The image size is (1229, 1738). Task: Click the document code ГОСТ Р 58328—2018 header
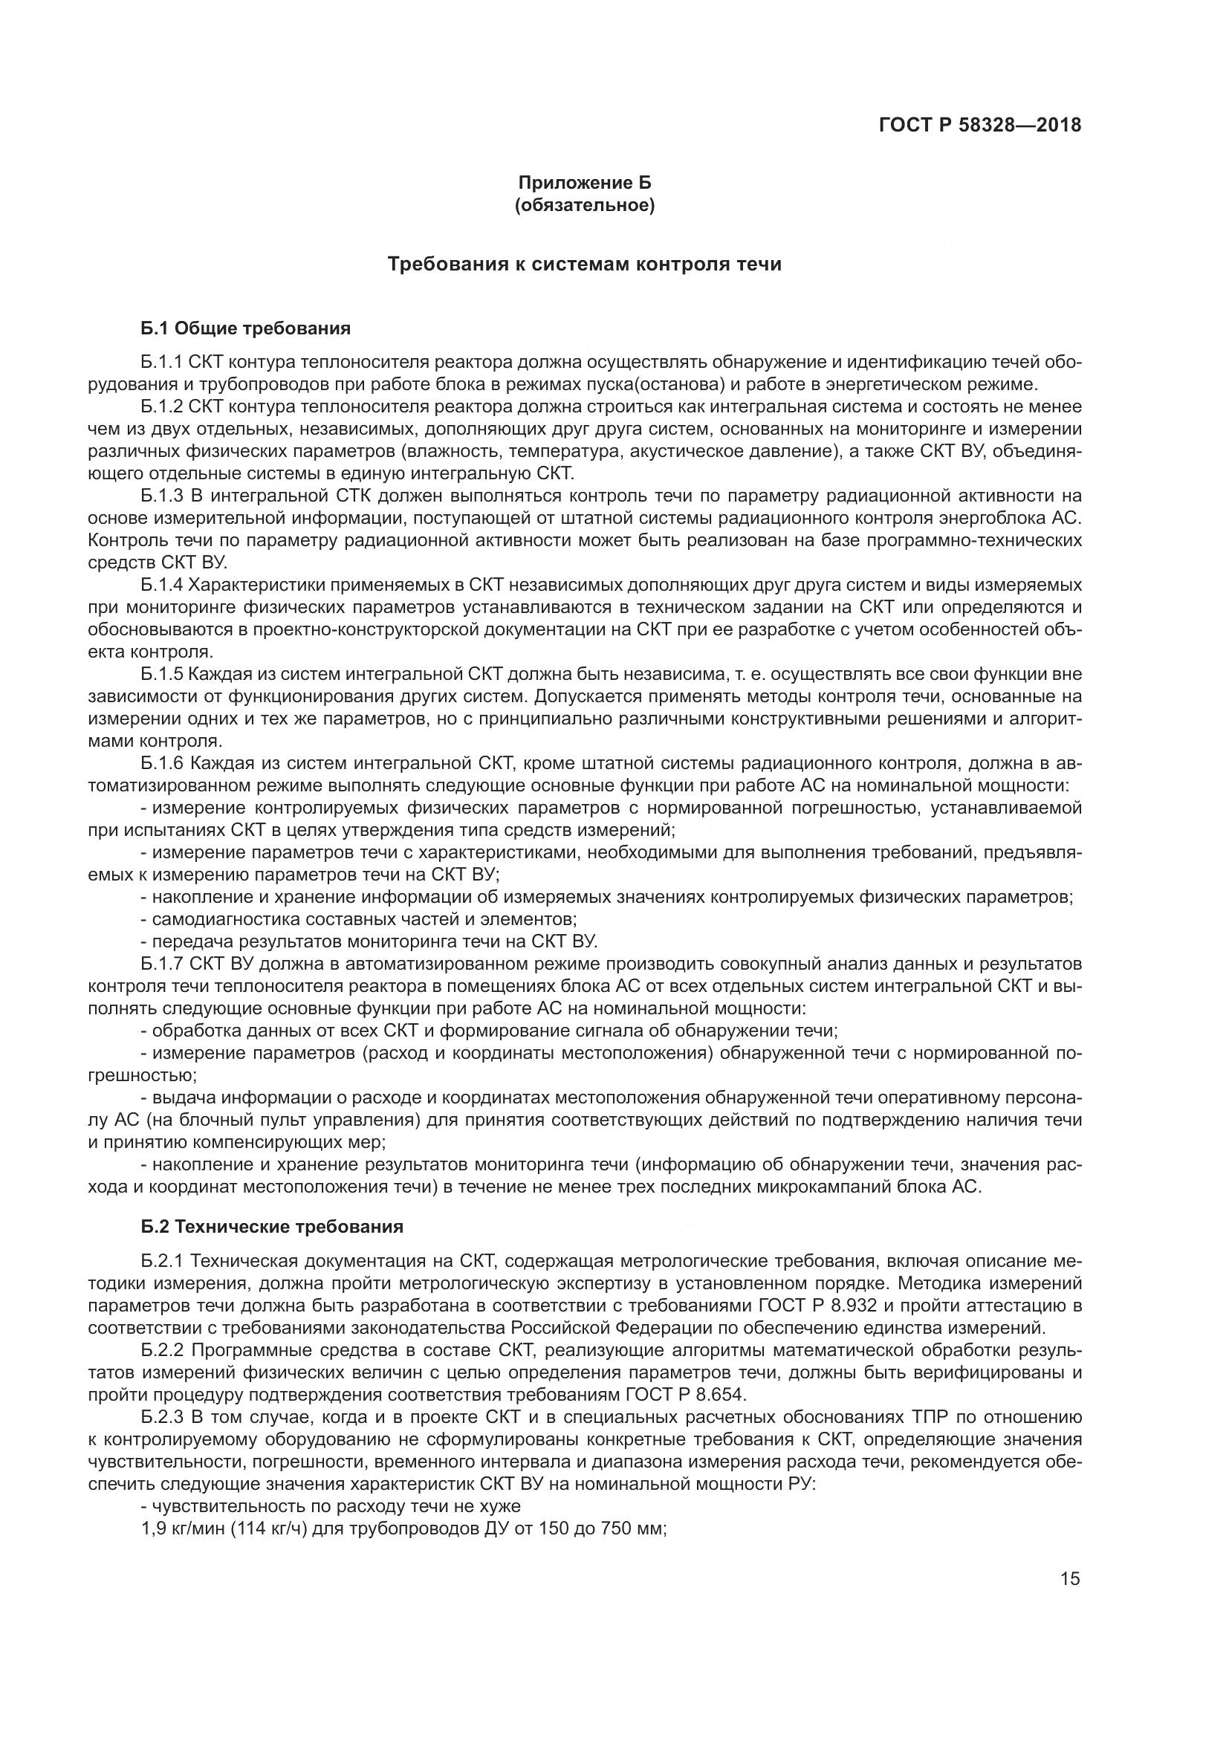[980, 125]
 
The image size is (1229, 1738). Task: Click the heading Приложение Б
[584, 183]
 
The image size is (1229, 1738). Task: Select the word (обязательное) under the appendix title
[584, 205]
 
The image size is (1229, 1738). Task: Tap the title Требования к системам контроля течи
[584, 265]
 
